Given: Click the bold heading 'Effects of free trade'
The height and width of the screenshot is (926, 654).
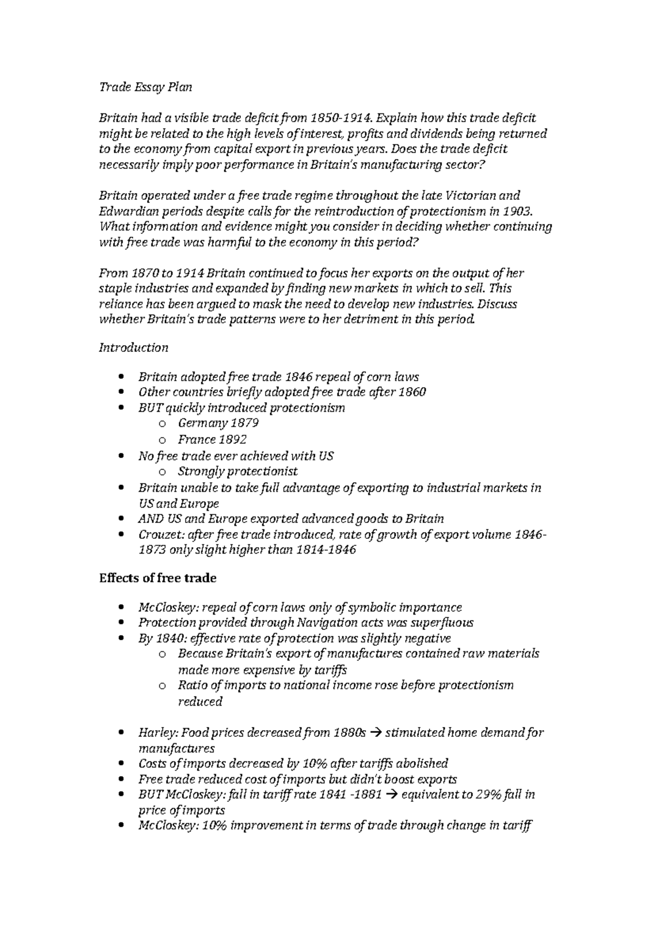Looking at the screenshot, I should pos(158,578).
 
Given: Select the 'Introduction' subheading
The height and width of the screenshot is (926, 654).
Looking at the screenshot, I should pos(134,347).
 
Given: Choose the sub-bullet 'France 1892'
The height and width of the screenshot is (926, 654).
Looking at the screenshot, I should pos(212,439).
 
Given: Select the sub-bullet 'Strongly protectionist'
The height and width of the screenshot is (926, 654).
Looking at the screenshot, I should pos(238,471).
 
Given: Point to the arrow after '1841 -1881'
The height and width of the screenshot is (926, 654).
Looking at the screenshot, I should pos(391,795).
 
